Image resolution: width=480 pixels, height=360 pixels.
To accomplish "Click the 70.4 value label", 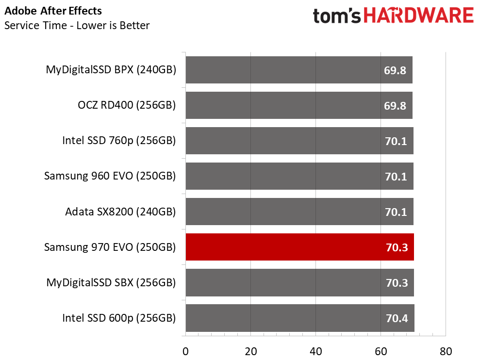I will (397, 318).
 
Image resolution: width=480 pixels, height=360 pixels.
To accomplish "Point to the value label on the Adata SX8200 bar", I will (397, 212).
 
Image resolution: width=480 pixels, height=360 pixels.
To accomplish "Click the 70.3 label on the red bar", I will (397, 247).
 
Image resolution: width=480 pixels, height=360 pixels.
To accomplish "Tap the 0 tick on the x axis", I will (185, 351).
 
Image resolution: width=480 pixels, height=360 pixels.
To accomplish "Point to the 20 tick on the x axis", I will (250, 351).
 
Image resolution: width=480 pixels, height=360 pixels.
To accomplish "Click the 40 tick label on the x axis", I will (315, 351).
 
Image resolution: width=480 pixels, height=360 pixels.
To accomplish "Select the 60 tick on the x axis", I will (381, 351).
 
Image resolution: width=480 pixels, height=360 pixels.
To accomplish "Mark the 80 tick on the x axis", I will (446, 351).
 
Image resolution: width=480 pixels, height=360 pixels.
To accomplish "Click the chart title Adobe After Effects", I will (53, 10).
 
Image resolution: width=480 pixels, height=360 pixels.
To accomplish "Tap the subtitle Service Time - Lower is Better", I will (77, 25).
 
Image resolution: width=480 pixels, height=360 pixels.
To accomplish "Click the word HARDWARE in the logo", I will (418, 16).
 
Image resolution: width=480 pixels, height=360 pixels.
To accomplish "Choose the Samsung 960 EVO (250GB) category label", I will (110, 176).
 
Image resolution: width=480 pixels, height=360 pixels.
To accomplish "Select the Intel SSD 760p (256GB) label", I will (119, 141).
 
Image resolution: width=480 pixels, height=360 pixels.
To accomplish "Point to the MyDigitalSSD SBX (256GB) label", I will (111, 282).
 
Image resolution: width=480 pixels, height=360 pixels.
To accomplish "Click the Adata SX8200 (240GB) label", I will (120, 212).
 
